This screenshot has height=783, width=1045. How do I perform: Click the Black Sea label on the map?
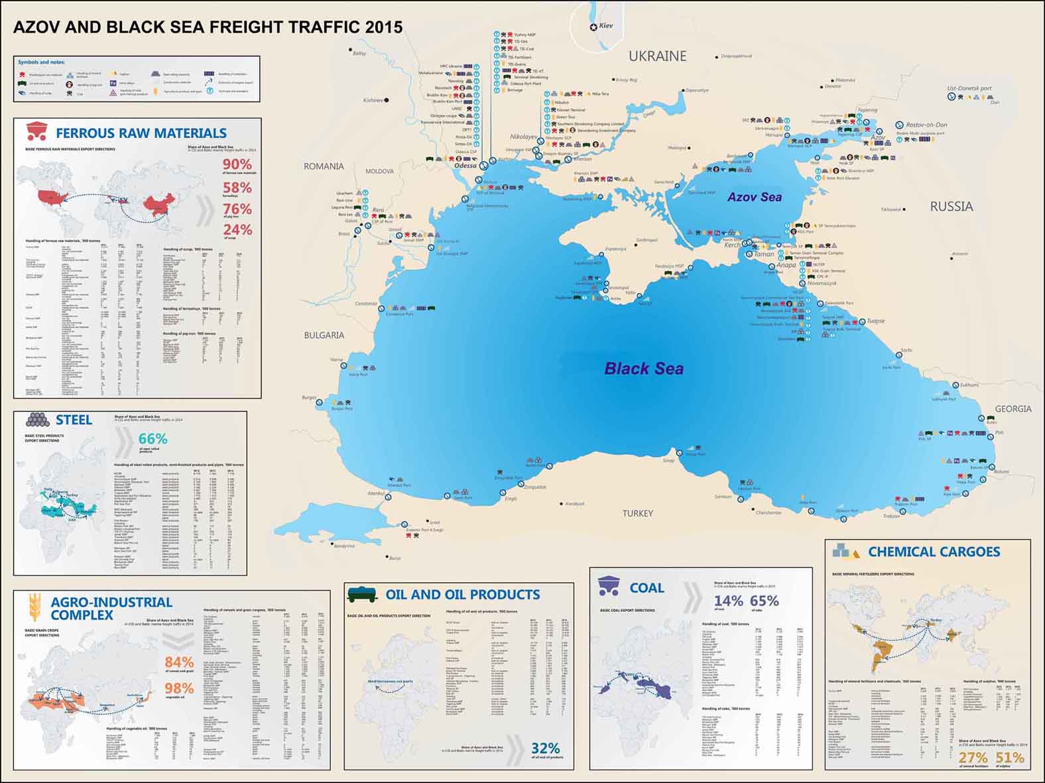pyautogui.click(x=643, y=369)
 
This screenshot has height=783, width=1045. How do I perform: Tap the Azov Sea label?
pyautogui.click(x=755, y=197)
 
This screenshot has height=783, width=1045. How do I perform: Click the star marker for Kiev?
pyautogui.click(x=593, y=27)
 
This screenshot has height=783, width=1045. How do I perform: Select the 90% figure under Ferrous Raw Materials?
pyautogui.click(x=237, y=164)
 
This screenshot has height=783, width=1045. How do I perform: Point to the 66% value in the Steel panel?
pyautogui.click(x=153, y=439)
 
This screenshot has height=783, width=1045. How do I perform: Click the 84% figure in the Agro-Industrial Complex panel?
pyautogui.click(x=179, y=662)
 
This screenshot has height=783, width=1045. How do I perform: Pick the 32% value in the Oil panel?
pyautogui.click(x=545, y=749)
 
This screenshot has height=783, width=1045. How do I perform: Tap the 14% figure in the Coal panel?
pyautogui.click(x=728, y=601)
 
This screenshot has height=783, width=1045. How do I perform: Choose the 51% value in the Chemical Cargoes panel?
pyautogui.click(x=1009, y=758)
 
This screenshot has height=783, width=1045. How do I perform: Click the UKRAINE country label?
pyautogui.click(x=657, y=56)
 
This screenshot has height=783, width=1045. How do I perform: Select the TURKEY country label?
pyautogui.click(x=637, y=513)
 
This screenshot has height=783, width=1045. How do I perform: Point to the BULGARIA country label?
pyautogui.click(x=324, y=335)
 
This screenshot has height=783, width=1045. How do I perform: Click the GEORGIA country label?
pyautogui.click(x=1013, y=409)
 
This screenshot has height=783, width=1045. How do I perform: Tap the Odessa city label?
pyautogui.click(x=465, y=166)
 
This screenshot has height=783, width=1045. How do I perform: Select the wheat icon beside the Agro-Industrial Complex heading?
pyautogui.click(x=34, y=607)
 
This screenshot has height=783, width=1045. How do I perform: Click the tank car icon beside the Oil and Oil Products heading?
pyautogui.click(x=362, y=593)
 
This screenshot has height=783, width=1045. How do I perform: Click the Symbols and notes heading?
pyautogui.click(x=41, y=62)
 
